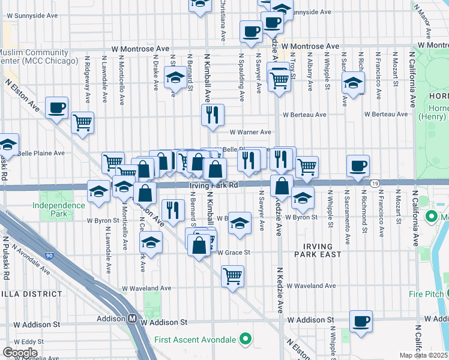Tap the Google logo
(20, 353)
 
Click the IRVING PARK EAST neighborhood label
(318, 250)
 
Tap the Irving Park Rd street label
(214, 186)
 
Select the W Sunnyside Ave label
(304, 12)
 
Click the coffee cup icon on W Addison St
(360, 320)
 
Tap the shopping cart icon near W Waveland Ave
(232, 276)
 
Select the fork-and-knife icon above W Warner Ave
(212, 115)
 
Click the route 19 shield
(374, 183)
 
